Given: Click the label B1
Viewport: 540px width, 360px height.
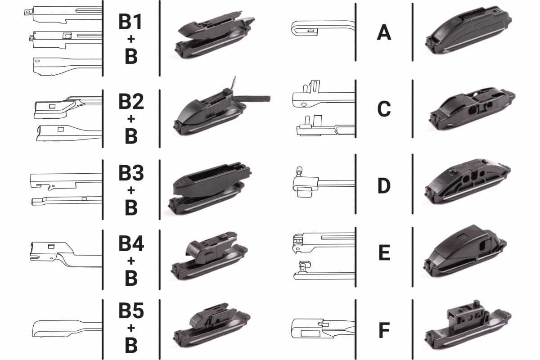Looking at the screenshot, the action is (130, 22).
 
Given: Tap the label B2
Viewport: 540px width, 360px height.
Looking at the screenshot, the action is (131, 102).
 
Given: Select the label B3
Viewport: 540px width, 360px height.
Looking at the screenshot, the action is (131, 173).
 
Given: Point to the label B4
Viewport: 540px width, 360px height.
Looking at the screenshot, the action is (131, 243).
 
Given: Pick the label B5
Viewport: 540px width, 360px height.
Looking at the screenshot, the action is (131, 310).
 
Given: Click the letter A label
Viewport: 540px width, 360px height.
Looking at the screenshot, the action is (384, 32).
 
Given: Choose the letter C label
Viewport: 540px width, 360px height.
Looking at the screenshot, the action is (384, 109).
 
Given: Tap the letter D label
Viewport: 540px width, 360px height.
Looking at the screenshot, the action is (384, 185).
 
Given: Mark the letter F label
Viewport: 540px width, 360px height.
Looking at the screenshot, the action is (384, 330).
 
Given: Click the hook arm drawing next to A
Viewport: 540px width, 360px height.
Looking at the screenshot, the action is (323, 28).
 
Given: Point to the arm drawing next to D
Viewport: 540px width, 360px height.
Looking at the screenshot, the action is (324, 182).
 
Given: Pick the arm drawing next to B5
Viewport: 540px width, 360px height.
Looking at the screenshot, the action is (67, 328).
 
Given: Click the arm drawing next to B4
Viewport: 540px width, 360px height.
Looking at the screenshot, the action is (66, 254).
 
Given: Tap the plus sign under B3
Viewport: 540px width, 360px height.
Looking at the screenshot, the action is (131, 190).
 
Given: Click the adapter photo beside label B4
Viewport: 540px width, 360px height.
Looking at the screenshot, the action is (210, 256).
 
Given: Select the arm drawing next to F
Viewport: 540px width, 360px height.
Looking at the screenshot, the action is (323, 328).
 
